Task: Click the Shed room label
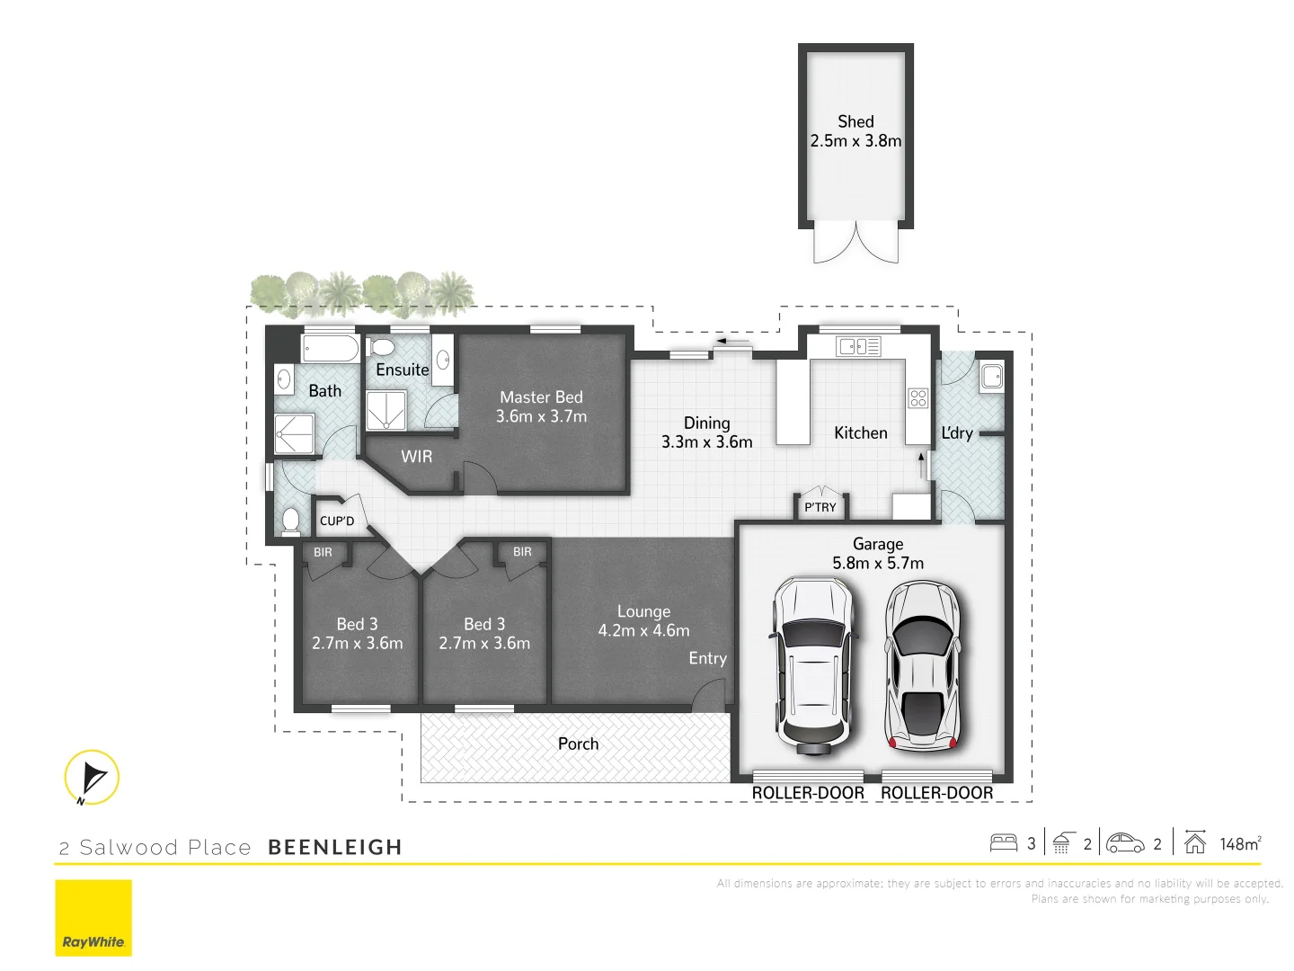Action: click(x=855, y=121)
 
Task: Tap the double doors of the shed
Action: click(x=855, y=244)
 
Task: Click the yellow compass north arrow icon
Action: click(x=92, y=777)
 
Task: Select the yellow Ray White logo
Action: click(x=93, y=917)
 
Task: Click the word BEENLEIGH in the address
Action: click(x=335, y=847)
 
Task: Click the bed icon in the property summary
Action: click(x=1003, y=843)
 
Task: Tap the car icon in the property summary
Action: click(x=1125, y=843)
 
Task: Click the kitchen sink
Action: click(x=858, y=346)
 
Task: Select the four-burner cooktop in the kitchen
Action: click(x=917, y=397)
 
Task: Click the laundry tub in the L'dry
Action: click(x=991, y=376)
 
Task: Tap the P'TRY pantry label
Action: click(x=820, y=507)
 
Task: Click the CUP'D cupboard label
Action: click(x=337, y=521)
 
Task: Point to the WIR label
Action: click(x=416, y=457)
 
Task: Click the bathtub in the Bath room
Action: click(x=331, y=348)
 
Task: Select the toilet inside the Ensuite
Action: click(x=382, y=347)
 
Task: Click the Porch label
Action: click(x=578, y=744)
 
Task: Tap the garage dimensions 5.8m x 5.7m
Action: click(x=878, y=564)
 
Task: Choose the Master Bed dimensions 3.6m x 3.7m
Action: click(x=541, y=416)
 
